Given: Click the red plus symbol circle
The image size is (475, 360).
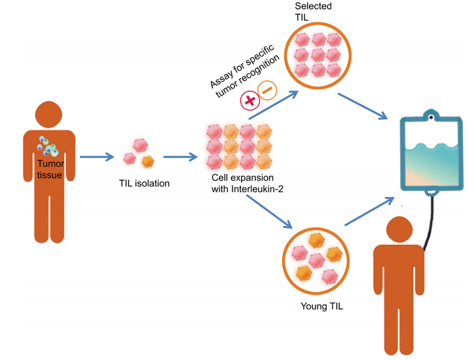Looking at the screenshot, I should (x=250, y=100).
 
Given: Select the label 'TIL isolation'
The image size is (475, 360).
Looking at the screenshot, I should (x=144, y=184).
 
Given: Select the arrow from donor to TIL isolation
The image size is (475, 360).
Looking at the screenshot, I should (x=96, y=157).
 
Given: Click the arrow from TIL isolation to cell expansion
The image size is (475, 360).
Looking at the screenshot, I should (x=180, y=157).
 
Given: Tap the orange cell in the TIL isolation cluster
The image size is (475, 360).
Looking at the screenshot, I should (x=147, y=161).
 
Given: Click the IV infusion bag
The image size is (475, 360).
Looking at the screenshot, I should (x=432, y=154).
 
